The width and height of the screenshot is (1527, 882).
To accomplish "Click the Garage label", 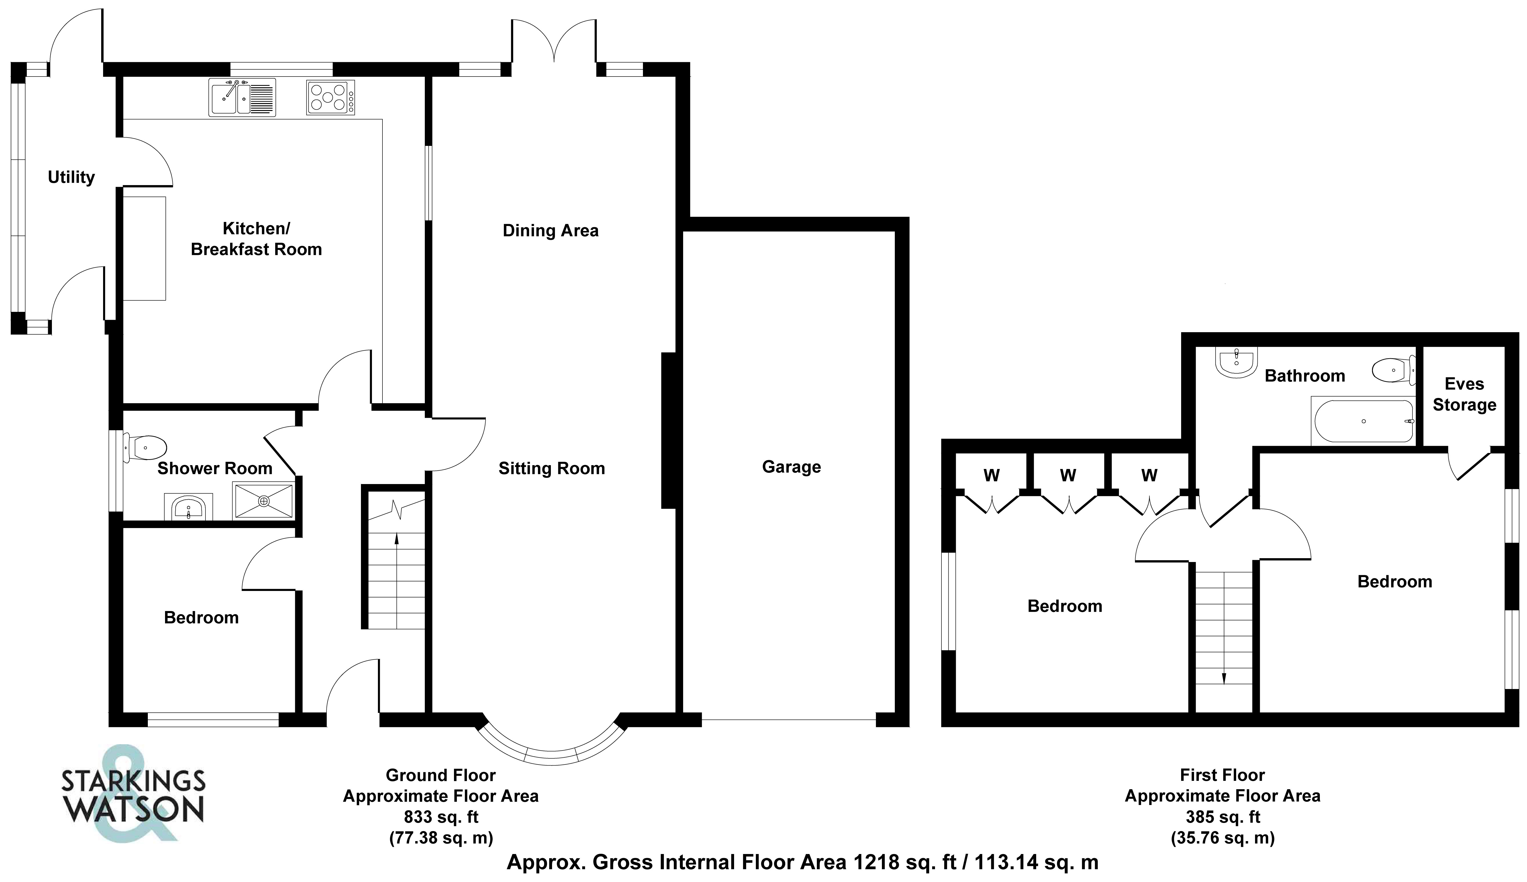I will [x=791, y=467].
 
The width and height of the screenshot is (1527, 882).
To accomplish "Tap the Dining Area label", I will [x=550, y=231].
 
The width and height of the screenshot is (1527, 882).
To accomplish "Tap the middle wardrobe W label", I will [x=1068, y=475].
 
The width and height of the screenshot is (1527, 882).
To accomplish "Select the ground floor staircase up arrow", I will [x=397, y=539].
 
